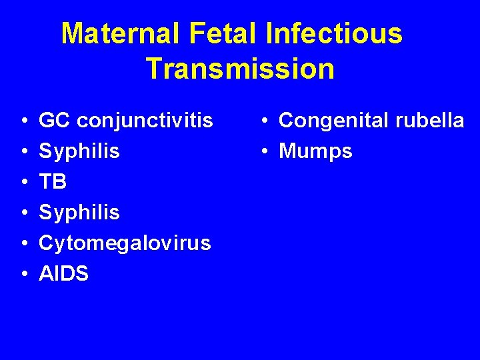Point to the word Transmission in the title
pyautogui.click(x=240, y=69)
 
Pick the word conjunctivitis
pyautogui.click(x=145, y=121)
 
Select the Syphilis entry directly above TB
pyautogui.click(x=79, y=152)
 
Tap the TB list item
pyautogui.click(x=53, y=182)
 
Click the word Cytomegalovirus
pyautogui.click(x=125, y=243)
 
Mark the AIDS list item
pyautogui.click(x=64, y=273)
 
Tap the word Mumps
pyautogui.click(x=315, y=151)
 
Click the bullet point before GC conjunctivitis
pyautogui.click(x=23, y=121)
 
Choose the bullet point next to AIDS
pyautogui.click(x=23, y=274)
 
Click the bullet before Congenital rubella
pyautogui.click(x=265, y=121)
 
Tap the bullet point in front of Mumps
pyautogui.click(x=265, y=152)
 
